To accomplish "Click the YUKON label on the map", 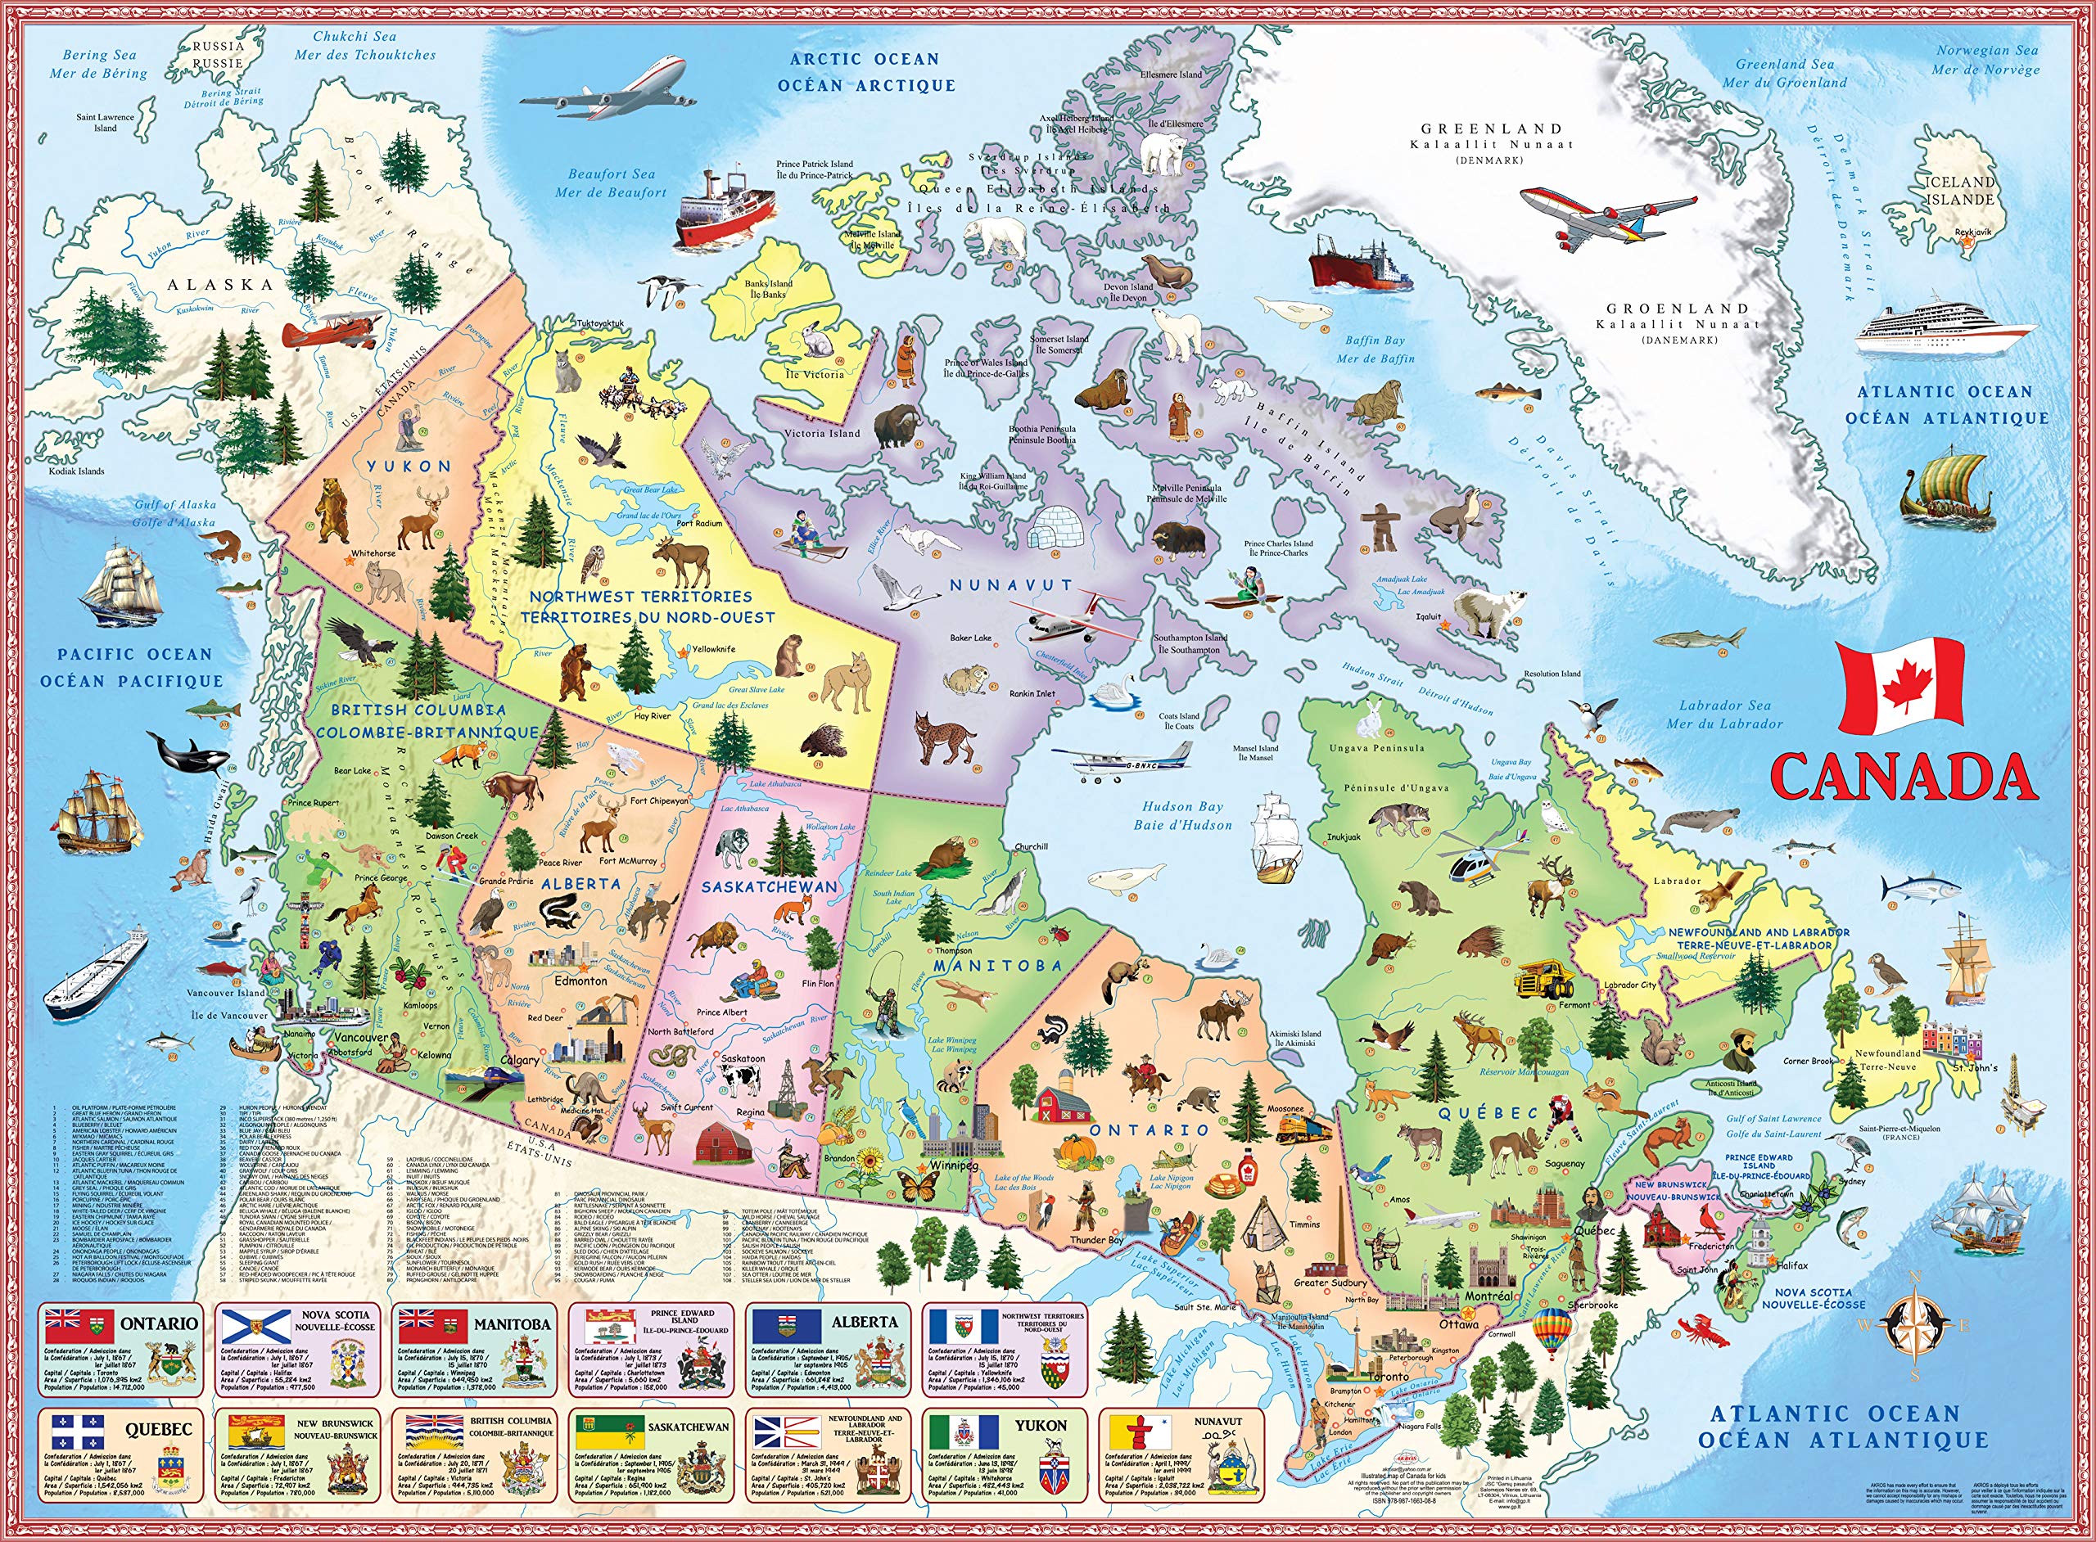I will [409, 466].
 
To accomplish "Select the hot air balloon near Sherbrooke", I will [1551, 1330].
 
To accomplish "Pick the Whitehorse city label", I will [373, 553].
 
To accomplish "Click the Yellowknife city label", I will [713, 649].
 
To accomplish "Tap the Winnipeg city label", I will [953, 1167].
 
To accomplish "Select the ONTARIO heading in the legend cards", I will [159, 1323].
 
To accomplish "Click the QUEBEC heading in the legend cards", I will [159, 1429].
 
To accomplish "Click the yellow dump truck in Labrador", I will [1544, 980].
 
